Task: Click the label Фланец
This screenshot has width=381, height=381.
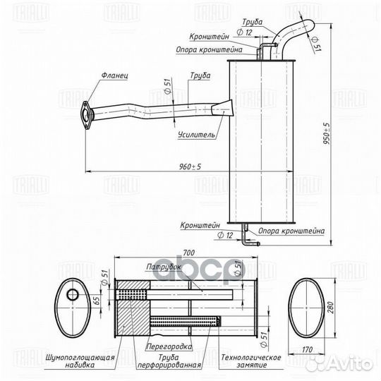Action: click(x=115, y=75)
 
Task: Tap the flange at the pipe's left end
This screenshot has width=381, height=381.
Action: click(x=85, y=115)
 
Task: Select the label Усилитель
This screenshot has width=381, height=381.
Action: click(x=196, y=135)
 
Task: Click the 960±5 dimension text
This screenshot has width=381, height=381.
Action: click(x=190, y=167)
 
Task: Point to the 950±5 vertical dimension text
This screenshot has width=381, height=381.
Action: click(x=327, y=133)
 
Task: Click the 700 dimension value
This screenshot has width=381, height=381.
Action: click(x=188, y=253)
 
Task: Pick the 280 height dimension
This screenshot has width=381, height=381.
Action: click(x=331, y=308)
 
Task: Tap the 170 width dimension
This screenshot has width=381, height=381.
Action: click(x=307, y=350)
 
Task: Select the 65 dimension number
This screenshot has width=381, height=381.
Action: click(x=97, y=301)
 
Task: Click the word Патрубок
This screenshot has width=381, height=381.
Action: click(x=164, y=267)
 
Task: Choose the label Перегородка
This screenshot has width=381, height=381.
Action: click(x=169, y=346)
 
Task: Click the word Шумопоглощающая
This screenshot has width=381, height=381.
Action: click(x=80, y=358)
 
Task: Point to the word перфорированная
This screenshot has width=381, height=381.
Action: click(x=169, y=365)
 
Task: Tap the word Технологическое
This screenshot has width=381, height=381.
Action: click(x=251, y=358)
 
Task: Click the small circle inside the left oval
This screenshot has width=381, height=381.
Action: click(x=73, y=295)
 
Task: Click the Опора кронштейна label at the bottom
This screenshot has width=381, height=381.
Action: click(x=291, y=231)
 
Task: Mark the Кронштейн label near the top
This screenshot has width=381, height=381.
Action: click(x=210, y=37)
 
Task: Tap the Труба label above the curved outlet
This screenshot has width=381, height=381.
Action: click(x=252, y=22)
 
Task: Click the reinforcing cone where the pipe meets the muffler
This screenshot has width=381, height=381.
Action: click(x=223, y=109)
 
